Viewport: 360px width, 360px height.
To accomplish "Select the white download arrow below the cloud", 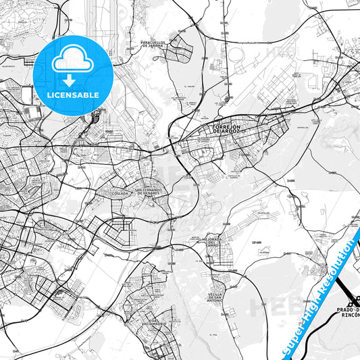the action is tap(70, 80).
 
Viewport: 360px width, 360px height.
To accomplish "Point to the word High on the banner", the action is tap(310, 312).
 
